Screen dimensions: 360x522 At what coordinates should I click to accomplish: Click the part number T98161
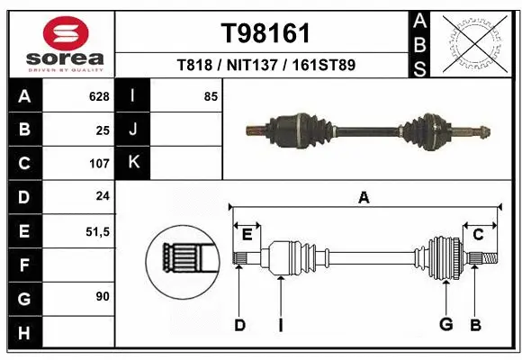265,33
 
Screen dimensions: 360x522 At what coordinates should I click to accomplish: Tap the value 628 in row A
98,95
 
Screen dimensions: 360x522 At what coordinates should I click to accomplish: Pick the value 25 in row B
103,130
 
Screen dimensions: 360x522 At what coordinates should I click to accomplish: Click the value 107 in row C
98,164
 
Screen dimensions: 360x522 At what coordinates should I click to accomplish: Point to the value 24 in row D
103,197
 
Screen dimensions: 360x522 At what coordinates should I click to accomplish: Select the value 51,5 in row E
96,231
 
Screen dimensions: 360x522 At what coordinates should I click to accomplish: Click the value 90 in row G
103,296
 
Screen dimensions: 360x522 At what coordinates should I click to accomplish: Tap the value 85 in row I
211,95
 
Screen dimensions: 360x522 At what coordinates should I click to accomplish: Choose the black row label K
133,163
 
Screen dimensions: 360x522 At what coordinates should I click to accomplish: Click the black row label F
23,265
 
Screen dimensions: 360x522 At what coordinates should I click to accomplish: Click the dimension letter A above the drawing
364,198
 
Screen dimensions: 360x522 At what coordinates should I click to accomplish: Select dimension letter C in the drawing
478,235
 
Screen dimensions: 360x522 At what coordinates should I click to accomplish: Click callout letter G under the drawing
445,325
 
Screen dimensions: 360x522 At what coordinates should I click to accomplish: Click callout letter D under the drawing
239,325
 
